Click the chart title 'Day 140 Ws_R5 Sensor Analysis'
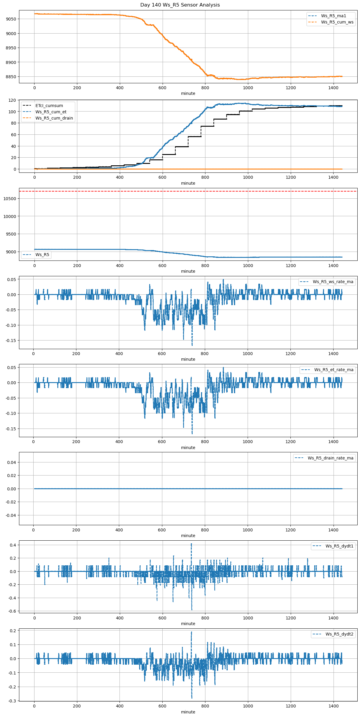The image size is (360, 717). (180, 5)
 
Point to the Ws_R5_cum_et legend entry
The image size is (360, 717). (51, 112)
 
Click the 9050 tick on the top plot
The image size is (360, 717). (11, 19)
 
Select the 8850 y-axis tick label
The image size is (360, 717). (11, 77)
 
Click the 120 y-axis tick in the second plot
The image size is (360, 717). (12, 100)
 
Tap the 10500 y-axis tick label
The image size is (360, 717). (10, 199)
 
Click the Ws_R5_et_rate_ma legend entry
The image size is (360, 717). (334, 370)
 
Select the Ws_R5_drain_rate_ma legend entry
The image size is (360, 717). (330, 458)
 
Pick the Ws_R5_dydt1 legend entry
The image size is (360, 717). (339, 546)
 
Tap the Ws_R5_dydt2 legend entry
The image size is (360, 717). (339, 634)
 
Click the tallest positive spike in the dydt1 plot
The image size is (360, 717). (191, 544)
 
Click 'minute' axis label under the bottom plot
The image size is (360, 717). (188, 712)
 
